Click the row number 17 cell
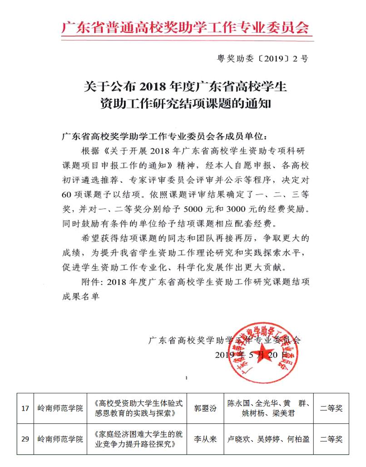tap(25, 408)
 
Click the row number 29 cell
tap(25, 439)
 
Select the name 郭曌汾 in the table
tap(205, 408)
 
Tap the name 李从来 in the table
tap(205, 439)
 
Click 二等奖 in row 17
tap(331, 408)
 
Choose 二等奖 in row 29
tap(331, 439)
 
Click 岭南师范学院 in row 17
tap(60, 408)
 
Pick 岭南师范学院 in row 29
tap(60, 439)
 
